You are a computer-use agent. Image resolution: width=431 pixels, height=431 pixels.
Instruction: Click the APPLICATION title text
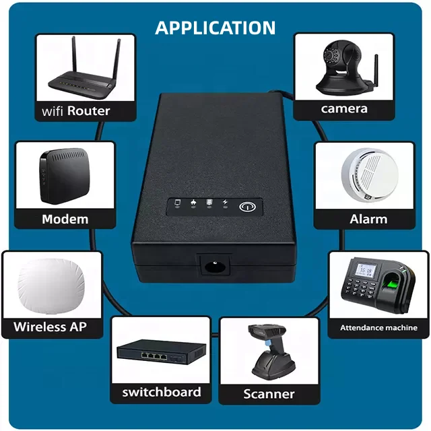tap(215, 28)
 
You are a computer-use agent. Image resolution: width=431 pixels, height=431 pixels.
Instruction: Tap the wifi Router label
tap(75, 110)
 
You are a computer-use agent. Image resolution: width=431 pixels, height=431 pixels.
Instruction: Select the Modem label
tap(65, 219)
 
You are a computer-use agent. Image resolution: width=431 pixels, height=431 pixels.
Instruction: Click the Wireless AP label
tap(50, 327)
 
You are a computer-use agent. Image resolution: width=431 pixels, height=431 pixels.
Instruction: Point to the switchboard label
tap(162, 392)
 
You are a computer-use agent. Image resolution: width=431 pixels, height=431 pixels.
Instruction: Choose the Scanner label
tap(269, 394)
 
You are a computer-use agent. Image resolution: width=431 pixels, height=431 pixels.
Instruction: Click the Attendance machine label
tap(378, 328)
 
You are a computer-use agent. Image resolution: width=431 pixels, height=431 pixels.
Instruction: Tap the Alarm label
tap(368, 219)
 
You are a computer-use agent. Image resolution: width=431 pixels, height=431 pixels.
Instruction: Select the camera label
tap(344, 108)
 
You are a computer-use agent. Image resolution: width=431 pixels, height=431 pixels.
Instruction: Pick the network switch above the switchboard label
tap(162, 352)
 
